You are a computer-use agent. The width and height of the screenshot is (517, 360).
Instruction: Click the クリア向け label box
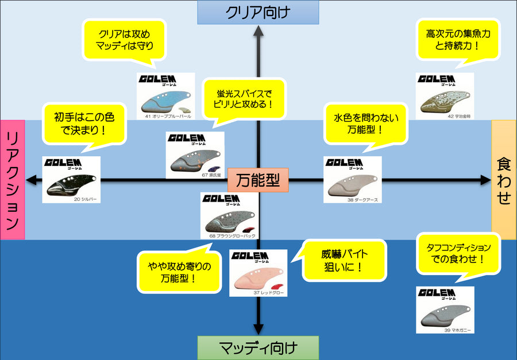(258, 12)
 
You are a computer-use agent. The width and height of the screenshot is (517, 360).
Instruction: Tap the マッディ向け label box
(258, 347)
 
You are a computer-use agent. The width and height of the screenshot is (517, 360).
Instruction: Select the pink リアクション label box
(12, 179)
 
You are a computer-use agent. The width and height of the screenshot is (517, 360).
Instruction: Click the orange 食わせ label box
(504, 179)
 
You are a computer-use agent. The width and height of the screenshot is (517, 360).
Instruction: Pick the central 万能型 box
(258, 180)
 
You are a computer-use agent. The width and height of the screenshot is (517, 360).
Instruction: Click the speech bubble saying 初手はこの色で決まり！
(84, 123)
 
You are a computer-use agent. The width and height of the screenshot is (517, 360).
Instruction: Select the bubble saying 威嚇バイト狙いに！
(344, 260)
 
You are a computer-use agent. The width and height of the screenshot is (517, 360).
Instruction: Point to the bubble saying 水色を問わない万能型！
(365, 123)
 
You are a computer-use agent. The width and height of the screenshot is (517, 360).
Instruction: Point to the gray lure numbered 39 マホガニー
(443, 315)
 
